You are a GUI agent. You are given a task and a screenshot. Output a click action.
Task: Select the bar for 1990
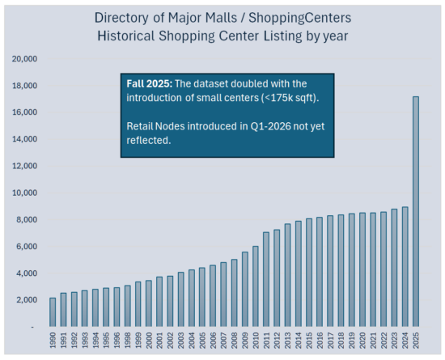coord(53,312)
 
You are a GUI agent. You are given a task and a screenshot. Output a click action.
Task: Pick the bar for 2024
coord(405,266)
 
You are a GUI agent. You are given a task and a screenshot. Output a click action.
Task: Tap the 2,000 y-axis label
coord(27,300)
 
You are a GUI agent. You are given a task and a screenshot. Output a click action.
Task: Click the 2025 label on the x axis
coord(416,341)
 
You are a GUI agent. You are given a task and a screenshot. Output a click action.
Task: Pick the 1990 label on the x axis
coord(53,341)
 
